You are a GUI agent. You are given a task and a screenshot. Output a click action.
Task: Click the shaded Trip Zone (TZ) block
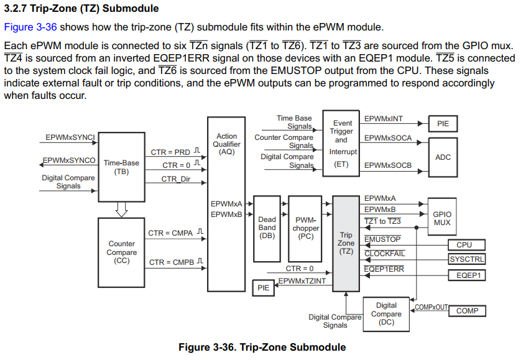coord(346,243)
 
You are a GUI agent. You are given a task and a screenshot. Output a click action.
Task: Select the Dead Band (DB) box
coord(267,228)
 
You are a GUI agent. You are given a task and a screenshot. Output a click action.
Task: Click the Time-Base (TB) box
coord(121,167)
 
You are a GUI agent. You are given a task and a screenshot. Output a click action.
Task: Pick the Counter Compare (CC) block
coord(121,252)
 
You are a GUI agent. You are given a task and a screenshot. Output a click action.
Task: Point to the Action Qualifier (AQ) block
coord(226,211)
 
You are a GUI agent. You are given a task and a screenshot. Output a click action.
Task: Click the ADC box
coord(443,157)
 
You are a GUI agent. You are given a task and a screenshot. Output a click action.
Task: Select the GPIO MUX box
coord(442,218)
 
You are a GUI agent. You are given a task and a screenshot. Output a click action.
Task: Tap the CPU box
coord(464,245)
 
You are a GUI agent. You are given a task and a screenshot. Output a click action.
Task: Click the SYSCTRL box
coord(466,259)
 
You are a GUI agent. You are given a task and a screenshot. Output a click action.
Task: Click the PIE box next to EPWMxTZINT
coord(264,287)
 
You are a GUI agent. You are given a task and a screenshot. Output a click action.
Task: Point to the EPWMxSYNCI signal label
coord(70,137)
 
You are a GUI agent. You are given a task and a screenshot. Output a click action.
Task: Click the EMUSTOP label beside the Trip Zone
coord(382,239)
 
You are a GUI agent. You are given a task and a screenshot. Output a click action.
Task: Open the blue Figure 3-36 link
coord(30,27)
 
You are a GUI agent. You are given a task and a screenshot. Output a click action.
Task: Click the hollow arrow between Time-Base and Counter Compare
coord(121,210)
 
